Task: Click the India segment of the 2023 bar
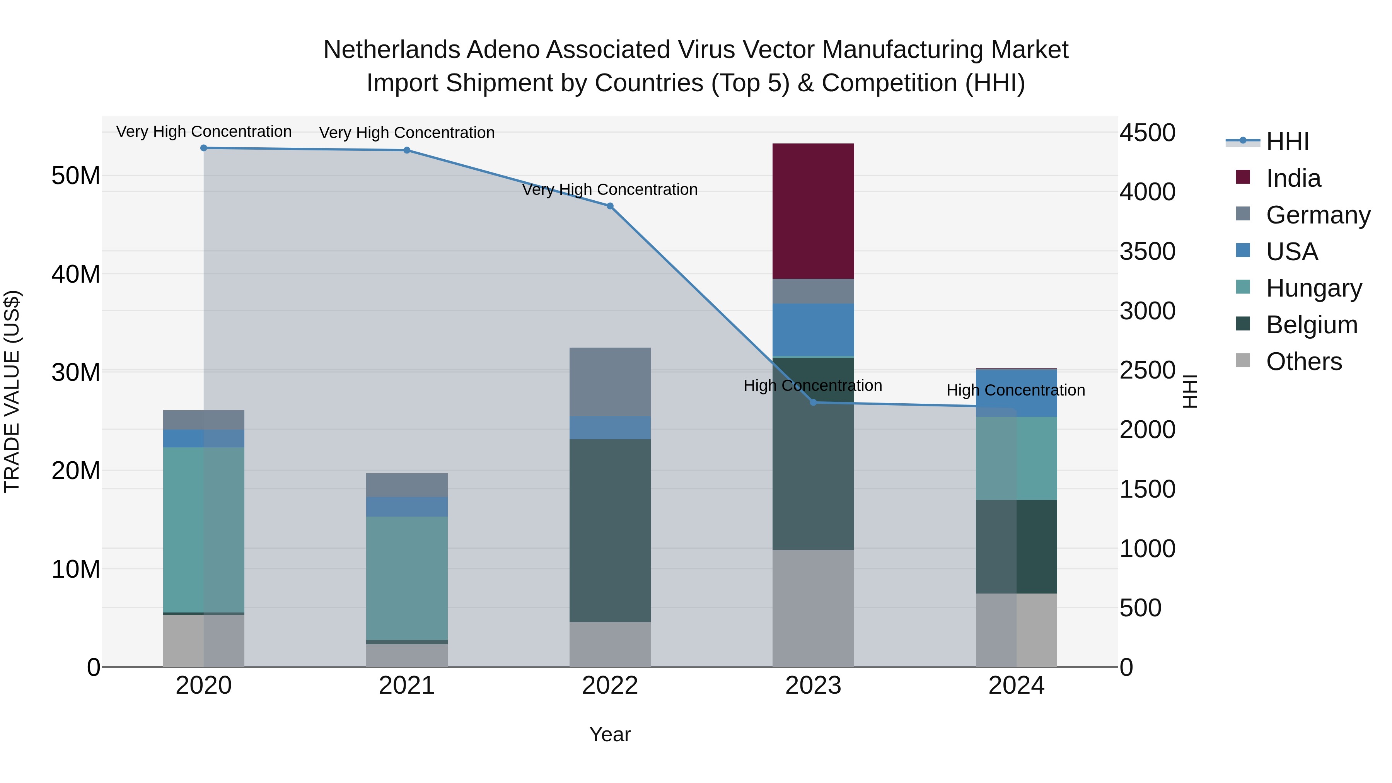tap(813, 211)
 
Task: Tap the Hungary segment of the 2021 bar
tap(406, 578)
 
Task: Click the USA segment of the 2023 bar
tap(813, 329)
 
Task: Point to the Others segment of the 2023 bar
tap(813, 608)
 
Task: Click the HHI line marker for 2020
tap(204, 148)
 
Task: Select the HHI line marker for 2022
tap(610, 206)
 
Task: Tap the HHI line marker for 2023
tap(813, 403)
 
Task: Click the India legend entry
tap(1293, 178)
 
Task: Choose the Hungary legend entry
tap(1313, 288)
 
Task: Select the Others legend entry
tap(1303, 362)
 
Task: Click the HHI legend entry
tap(1287, 142)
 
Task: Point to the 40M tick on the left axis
tap(76, 274)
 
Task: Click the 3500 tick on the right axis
tap(1147, 251)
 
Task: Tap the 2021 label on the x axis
tap(406, 686)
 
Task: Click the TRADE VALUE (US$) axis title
tap(12, 391)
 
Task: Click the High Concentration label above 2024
tap(1015, 390)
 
